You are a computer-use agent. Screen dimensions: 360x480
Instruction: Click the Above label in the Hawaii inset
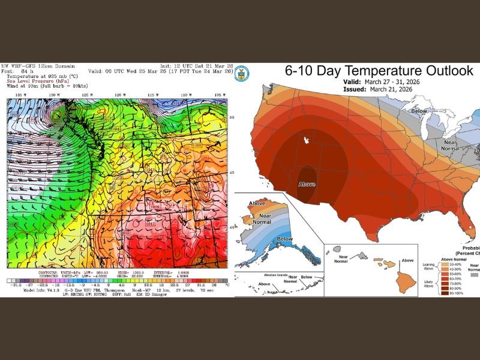point(408,260)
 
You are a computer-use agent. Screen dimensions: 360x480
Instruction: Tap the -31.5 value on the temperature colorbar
point(13,285)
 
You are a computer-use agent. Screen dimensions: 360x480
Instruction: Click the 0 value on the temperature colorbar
point(108,285)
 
